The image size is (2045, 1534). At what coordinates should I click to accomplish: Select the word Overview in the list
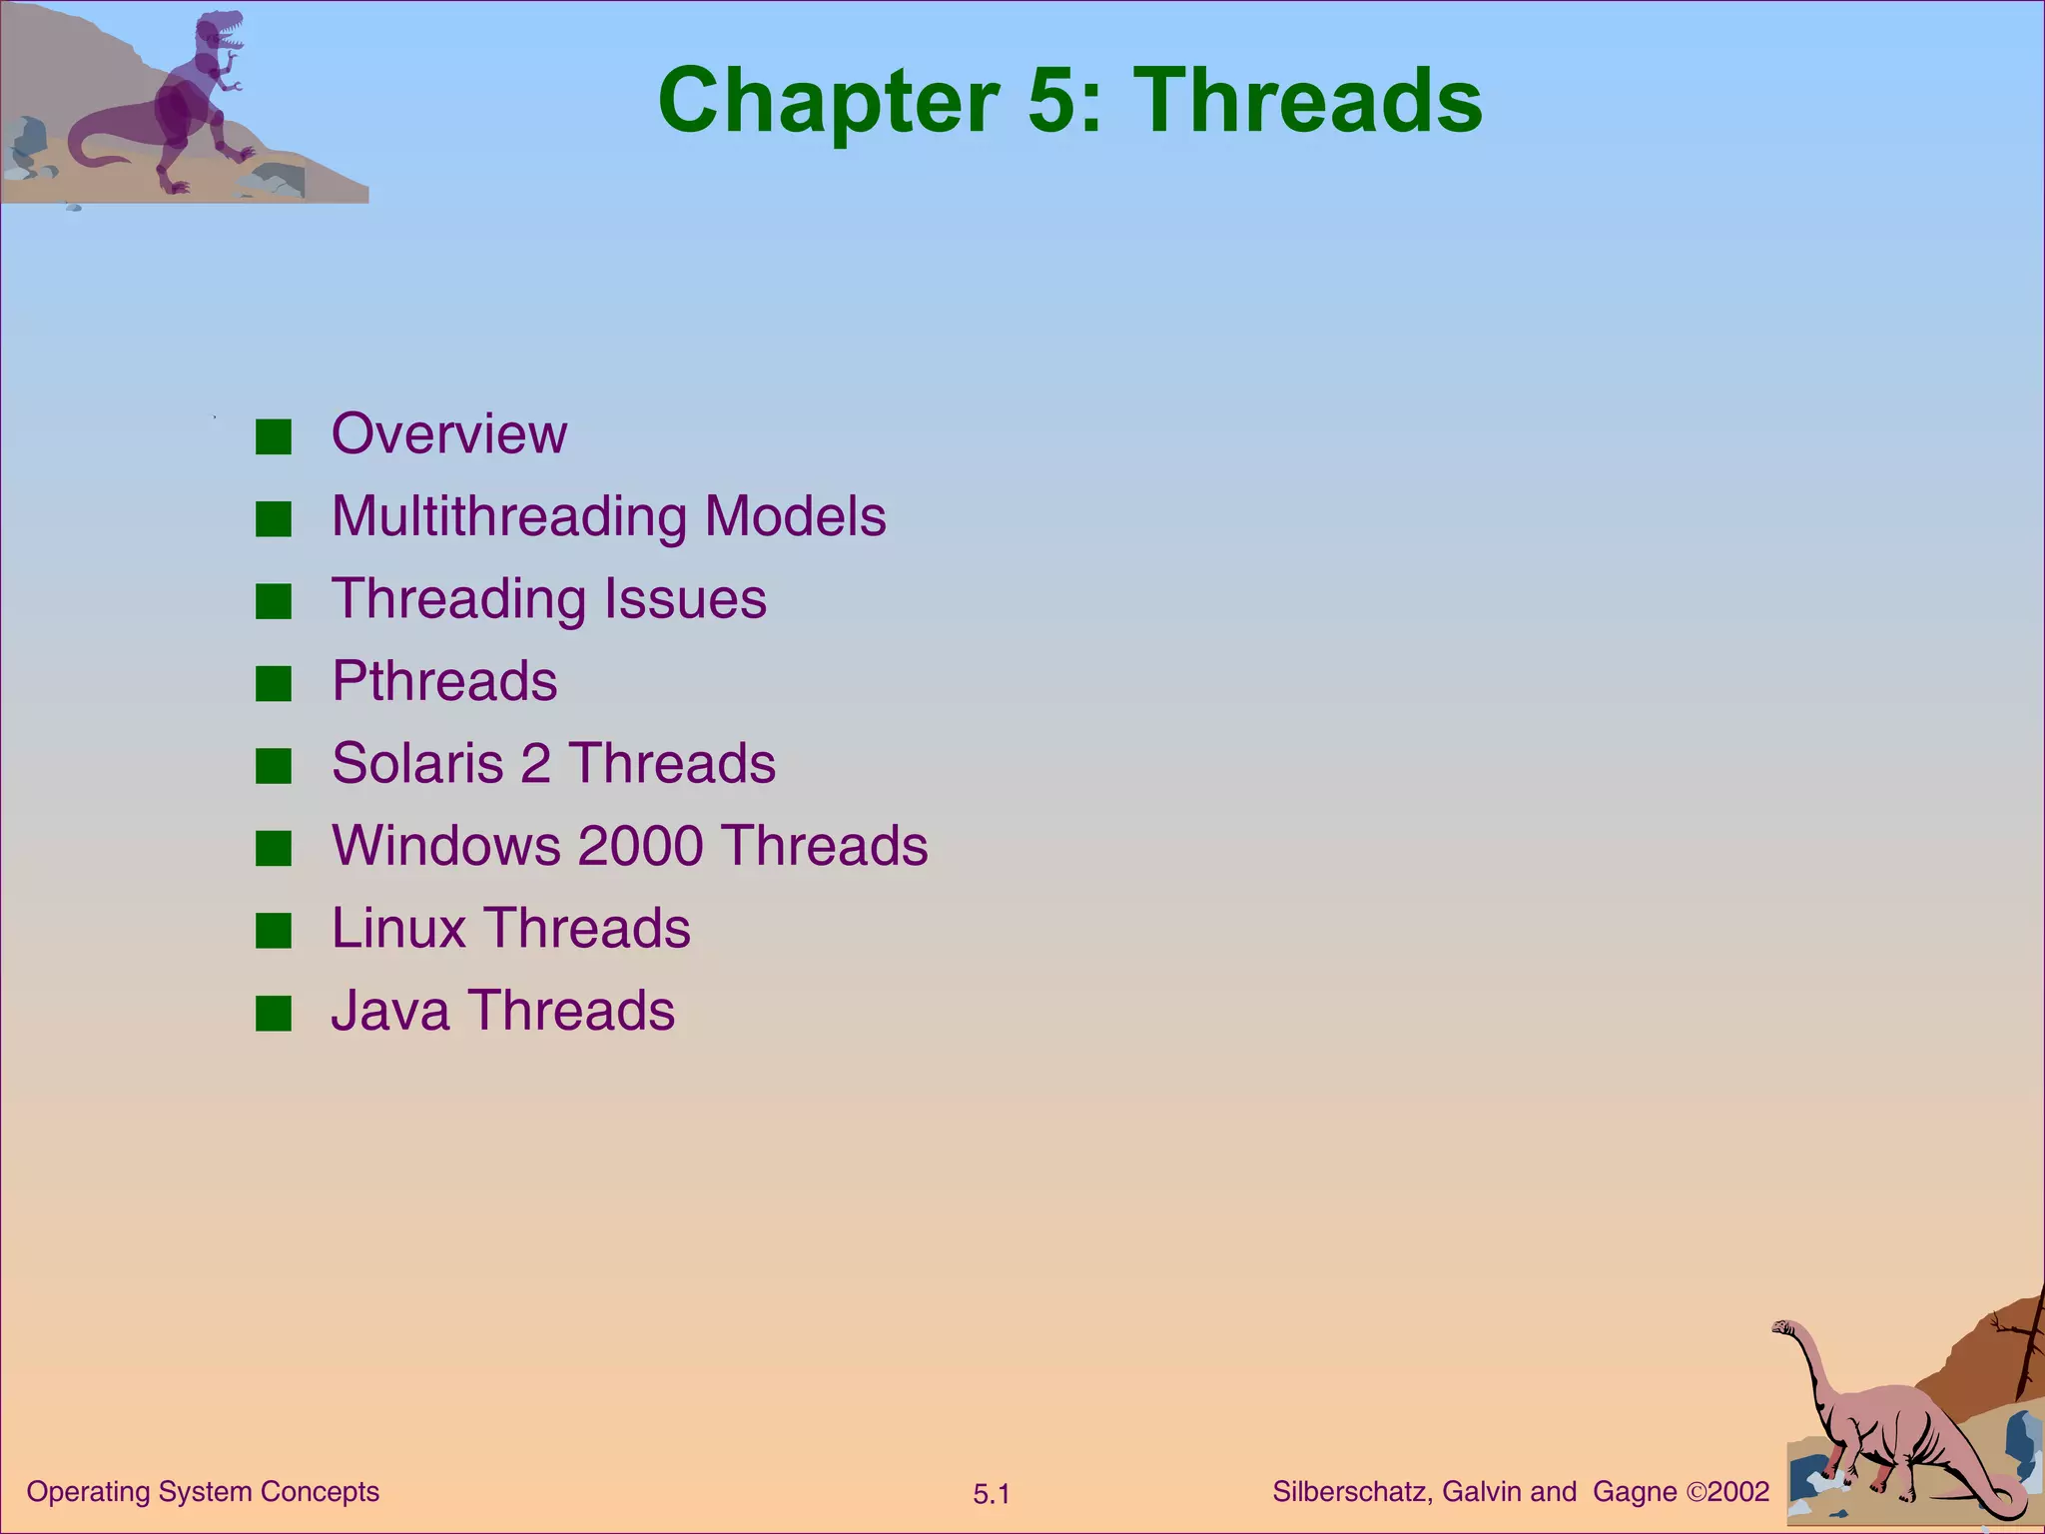(448, 433)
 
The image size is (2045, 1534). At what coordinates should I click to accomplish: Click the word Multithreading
(508, 516)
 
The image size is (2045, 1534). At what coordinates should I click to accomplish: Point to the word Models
(795, 516)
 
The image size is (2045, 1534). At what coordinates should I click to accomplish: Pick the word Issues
(671, 598)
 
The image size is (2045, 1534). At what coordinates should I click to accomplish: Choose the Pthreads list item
(444, 681)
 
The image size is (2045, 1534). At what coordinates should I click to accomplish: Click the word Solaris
(417, 763)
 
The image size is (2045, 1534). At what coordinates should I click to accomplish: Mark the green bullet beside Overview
(273, 436)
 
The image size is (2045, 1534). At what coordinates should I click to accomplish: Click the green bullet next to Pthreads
(273, 684)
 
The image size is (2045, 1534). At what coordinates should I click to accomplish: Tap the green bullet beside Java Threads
(273, 1013)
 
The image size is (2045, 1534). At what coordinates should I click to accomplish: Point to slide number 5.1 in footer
(992, 1495)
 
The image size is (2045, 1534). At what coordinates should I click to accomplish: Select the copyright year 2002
(1738, 1492)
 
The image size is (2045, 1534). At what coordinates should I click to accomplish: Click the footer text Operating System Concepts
(203, 1492)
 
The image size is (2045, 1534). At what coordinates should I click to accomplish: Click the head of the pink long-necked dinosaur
(1784, 1328)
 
